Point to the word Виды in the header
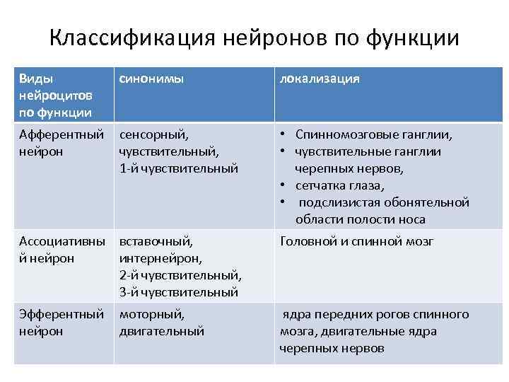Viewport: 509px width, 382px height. (x=36, y=79)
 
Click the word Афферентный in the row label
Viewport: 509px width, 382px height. (x=62, y=134)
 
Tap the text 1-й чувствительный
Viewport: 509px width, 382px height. (x=179, y=168)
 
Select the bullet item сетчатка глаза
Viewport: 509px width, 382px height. (x=340, y=185)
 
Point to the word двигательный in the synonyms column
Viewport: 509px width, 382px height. (x=162, y=331)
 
